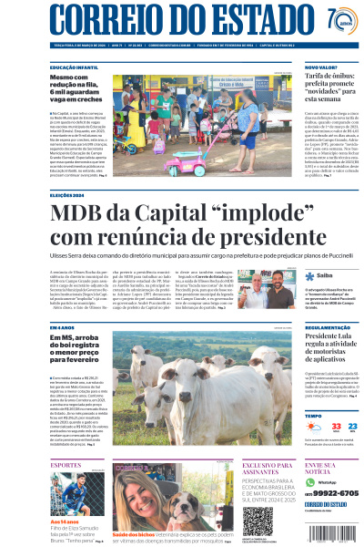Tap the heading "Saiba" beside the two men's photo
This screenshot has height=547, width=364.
[x=325, y=274]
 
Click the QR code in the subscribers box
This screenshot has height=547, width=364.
[x=257, y=521]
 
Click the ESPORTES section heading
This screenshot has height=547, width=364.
[x=66, y=465]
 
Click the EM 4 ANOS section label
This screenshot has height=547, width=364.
[x=63, y=326]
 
